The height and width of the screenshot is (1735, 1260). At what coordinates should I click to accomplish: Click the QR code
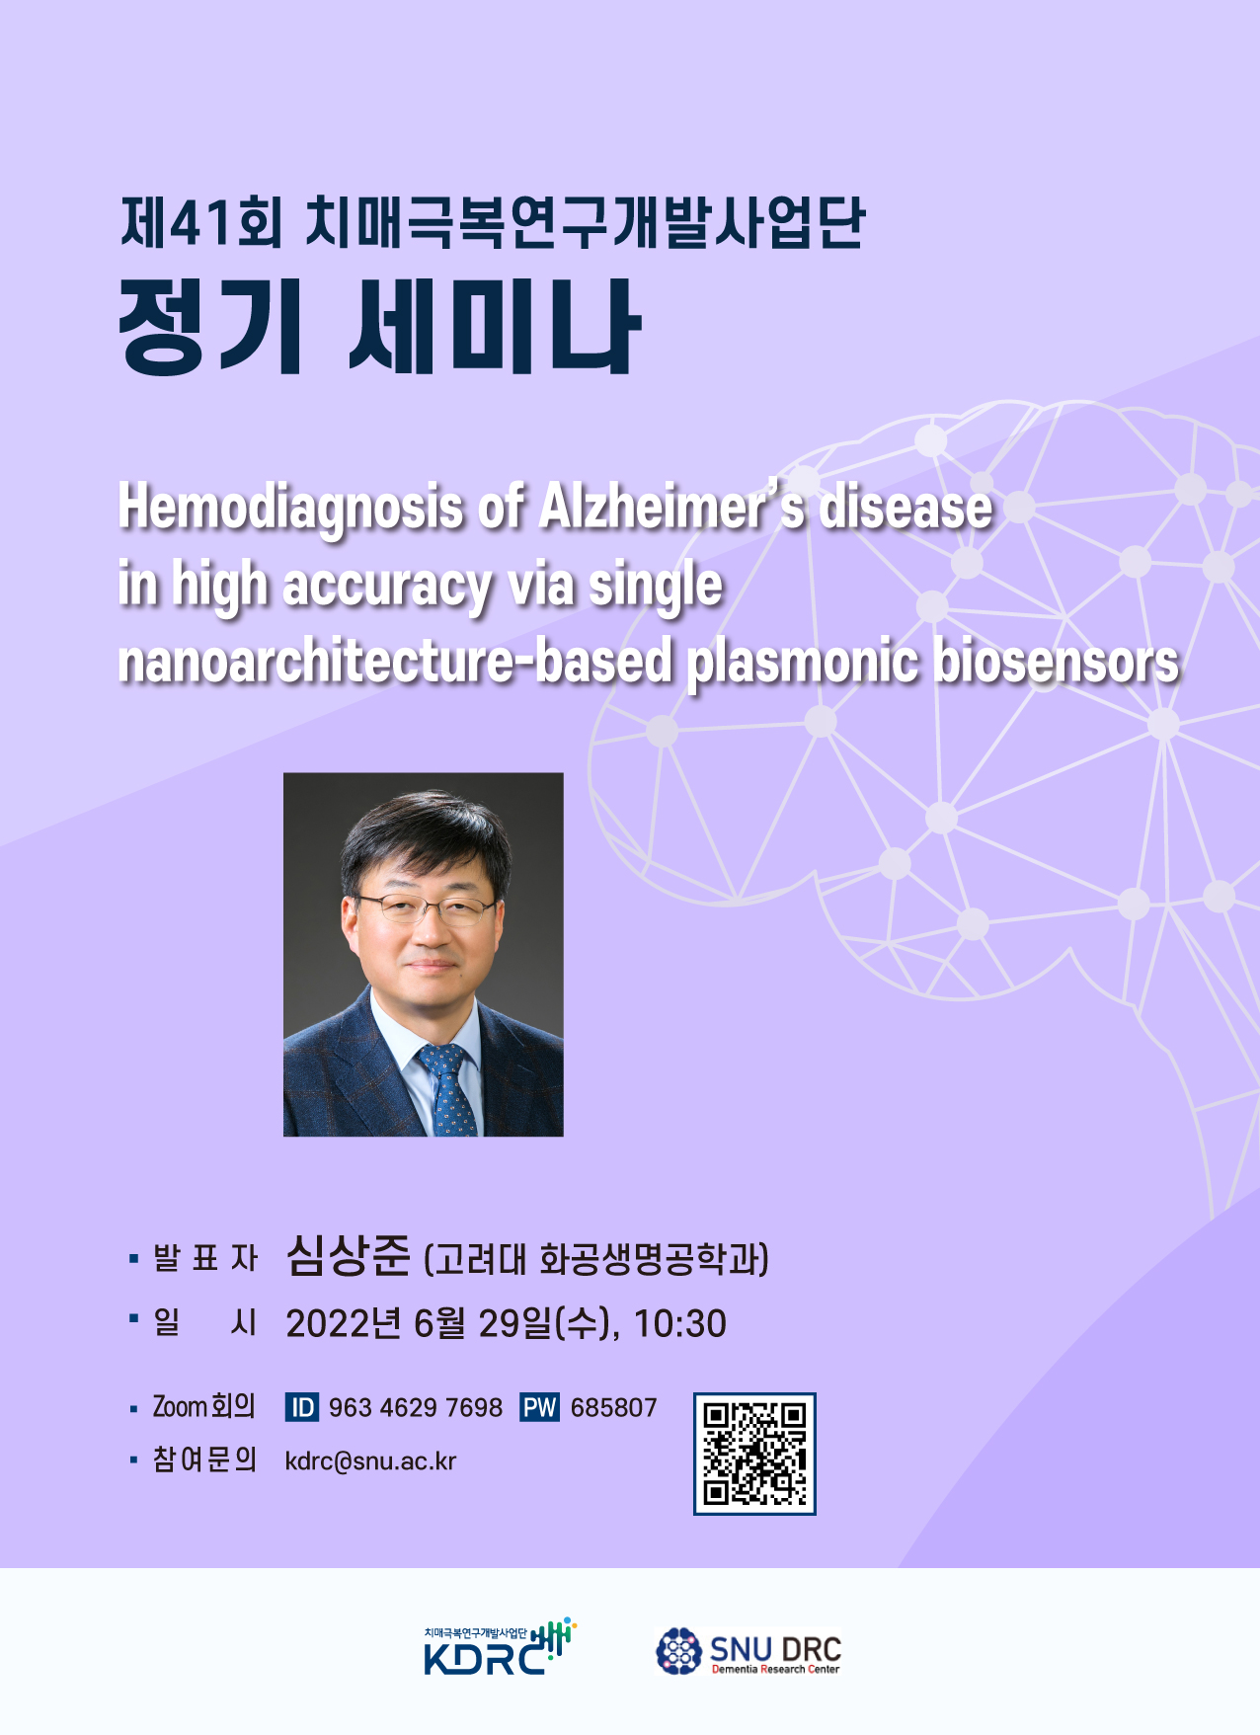click(x=754, y=1454)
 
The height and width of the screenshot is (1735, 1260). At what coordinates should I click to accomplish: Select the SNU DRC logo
click(x=748, y=1651)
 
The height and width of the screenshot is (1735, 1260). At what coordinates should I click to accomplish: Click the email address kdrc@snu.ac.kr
click(x=370, y=1461)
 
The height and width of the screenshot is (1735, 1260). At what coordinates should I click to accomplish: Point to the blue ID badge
click(x=302, y=1407)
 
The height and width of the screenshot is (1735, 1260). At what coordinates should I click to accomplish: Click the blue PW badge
click(x=539, y=1407)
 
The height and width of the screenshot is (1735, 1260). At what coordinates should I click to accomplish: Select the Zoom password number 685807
click(x=613, y=1407)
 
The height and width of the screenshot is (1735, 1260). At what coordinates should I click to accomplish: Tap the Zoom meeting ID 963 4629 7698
click(x=415, y=1407)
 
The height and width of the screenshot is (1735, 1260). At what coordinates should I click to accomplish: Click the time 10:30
click(x=679, y=1323)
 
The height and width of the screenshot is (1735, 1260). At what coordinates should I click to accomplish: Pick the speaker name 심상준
click(x=348, y=1256)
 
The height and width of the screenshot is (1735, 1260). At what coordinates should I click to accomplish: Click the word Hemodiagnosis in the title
click(x=290, y=508)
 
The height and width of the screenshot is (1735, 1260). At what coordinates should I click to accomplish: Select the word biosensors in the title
click(x=1056, y=661)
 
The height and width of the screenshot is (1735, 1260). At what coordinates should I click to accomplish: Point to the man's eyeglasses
click(x=428, y=907)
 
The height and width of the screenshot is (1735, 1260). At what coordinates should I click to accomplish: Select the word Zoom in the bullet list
click(x=179, y=1406)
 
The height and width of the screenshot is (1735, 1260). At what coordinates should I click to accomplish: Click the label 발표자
click(x=204, y=1258)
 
